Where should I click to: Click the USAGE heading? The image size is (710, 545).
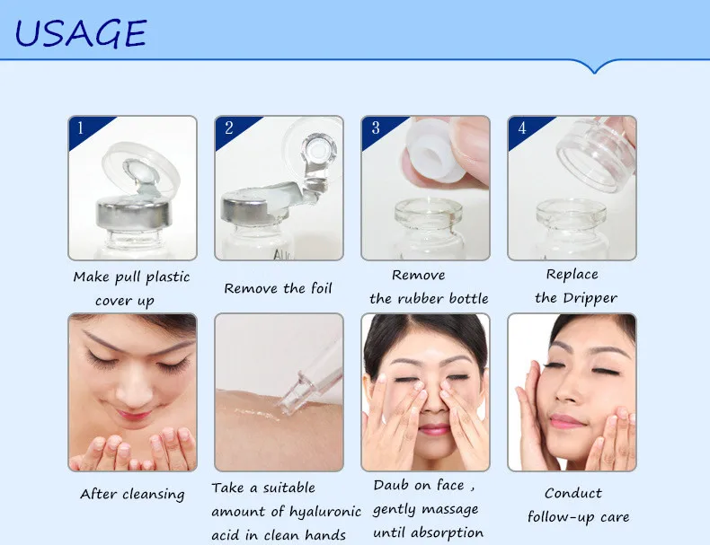click(x=80, y=33)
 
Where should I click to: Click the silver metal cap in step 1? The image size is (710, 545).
click(x=134, y=214)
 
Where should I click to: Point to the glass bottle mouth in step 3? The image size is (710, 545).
click(x=428, y=213)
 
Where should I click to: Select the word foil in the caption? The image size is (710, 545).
click(x=322, y=287)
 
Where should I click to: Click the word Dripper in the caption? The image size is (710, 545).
click(x=590, y=298)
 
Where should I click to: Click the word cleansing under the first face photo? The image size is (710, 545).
click(x=153, y=495)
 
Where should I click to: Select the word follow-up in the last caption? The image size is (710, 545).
click(x=561, y=517)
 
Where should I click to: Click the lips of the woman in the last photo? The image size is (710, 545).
click(x=565, y=422)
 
